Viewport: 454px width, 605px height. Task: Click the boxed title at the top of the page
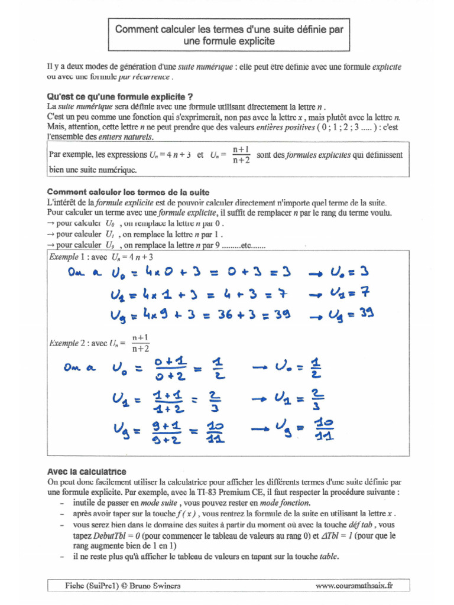coord(229,35)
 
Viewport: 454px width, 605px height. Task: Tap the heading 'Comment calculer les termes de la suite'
coord(128,192)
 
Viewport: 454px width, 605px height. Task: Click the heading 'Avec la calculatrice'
coord(86,471)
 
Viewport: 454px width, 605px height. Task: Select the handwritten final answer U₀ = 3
coord(349,272)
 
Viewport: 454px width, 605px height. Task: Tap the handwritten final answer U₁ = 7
coord(349,293)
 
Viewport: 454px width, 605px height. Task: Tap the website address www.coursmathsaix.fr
coord(354,586)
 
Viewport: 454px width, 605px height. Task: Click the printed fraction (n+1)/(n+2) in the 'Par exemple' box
coord(241,154)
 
